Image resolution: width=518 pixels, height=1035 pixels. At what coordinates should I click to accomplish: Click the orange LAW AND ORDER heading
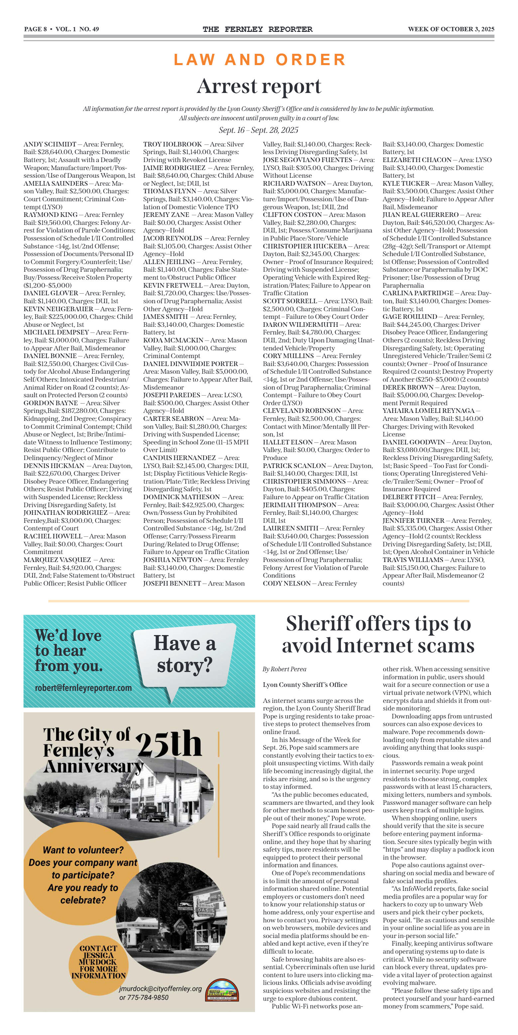[259, 60]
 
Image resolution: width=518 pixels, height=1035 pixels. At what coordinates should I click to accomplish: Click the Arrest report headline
[259, 86]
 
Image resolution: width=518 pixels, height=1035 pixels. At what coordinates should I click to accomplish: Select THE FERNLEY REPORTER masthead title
[257, 29]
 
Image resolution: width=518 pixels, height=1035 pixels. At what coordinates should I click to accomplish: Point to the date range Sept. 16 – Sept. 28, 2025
[259, 130]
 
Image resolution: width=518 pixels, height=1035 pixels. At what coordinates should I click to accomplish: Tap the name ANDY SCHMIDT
[50, 144]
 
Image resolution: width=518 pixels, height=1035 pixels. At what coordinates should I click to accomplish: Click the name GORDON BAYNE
[51, 403]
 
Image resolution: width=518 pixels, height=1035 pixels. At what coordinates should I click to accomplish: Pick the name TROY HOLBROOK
[173, 144]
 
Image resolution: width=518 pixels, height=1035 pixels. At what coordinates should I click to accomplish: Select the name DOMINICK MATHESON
[182, 497]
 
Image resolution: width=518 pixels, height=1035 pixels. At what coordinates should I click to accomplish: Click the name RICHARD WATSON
[294, 184]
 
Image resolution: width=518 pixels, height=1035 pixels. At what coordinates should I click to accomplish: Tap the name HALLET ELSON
[288, 442]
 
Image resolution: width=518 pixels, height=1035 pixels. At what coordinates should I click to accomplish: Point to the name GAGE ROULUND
[410, 317]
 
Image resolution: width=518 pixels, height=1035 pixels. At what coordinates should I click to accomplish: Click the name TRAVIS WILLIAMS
[413, 560]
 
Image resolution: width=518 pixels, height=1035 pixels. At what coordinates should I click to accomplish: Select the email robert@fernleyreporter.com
[83, 688]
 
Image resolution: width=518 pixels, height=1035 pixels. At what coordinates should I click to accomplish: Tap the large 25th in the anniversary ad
[169, 744]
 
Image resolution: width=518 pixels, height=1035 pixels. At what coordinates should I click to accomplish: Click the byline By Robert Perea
[284, 669]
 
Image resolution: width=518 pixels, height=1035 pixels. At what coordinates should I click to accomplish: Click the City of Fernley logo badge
[223, 990]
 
